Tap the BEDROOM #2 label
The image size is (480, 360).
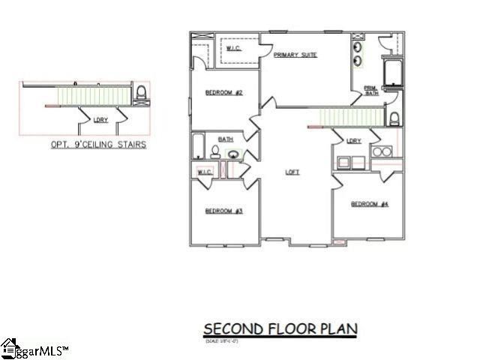(222, 93)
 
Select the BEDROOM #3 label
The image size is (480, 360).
(223, 211)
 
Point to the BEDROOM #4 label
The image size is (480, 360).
(370, 204)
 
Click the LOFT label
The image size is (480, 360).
(292, 172)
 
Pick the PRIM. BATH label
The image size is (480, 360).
(371, 90)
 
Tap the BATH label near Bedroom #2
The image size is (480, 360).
(225, 139)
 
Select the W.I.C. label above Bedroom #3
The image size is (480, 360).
(204, 172)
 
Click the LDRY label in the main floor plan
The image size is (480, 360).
(354, 141)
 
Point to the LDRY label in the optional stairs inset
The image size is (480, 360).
(99, 119)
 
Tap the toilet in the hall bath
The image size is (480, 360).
(215, 153)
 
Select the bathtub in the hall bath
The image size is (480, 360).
(199, 146)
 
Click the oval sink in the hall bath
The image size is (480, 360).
(234, 156)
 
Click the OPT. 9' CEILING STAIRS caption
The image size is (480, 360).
(98, 145)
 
